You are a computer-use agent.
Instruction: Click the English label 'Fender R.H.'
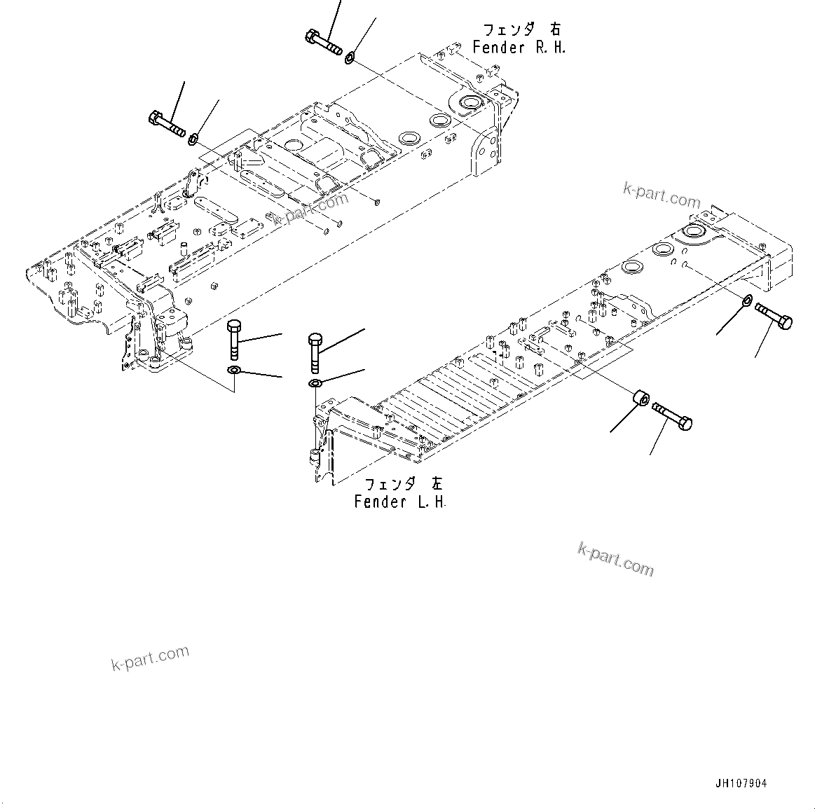(x=519, y=48)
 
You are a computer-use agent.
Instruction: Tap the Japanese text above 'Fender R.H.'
(x=521, y=29)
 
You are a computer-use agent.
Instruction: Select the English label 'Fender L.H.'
(x=400, y=502)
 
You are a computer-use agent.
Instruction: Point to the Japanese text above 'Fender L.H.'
(x=404, y=484)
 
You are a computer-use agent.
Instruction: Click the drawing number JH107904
(x=741, y=784)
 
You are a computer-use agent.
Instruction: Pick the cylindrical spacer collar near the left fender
(x=639, y=400)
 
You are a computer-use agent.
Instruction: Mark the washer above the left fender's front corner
(x=315, y=382)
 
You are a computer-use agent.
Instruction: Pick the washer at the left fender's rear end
(x=747, y=301)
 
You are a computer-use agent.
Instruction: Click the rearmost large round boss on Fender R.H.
(x=468, y=104)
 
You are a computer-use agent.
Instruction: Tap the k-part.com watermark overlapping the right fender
(x=309, y=209)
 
